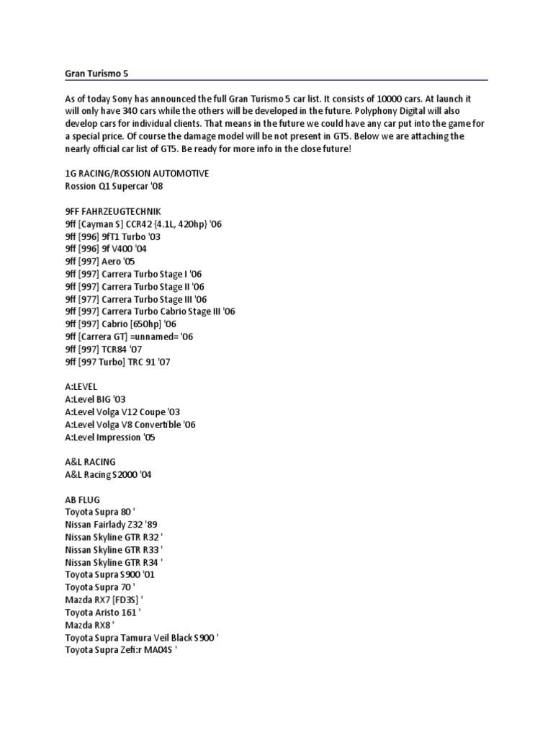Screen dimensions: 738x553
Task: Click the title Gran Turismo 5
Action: [96, 73]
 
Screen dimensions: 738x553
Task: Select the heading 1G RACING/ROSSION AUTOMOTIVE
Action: [137, 174]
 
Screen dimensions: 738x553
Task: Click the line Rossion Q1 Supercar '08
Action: [119, 187]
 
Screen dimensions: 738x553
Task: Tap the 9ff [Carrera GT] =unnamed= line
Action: [129, 337]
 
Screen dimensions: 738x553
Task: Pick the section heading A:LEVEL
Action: [81, 386]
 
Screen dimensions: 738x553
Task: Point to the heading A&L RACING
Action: [90, 462]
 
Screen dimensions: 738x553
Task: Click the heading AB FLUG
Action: [82, 499]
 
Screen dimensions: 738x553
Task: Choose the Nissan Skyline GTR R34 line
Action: [114, 563]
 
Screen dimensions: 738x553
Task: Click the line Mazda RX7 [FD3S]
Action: [103, 600]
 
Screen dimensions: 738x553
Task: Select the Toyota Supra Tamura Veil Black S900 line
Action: [142, 638]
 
